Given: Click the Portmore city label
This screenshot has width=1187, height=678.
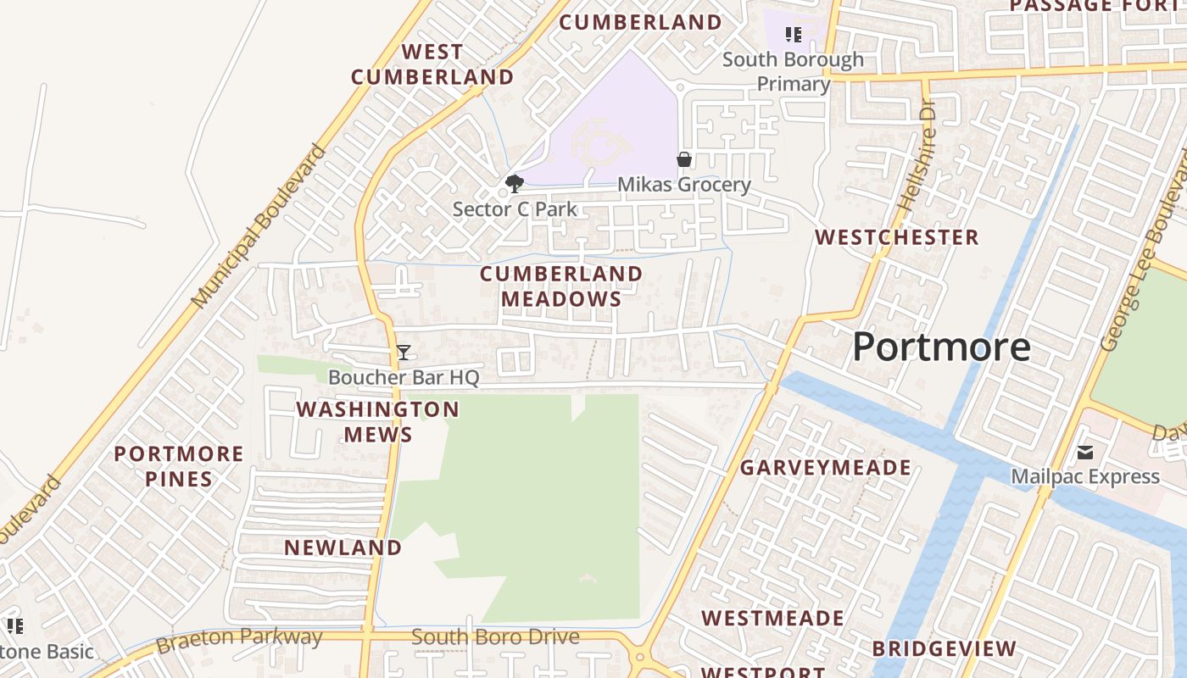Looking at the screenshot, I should click(x=941, y=347).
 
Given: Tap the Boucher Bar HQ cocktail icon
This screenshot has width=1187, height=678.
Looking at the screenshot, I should click(x=404, y=353).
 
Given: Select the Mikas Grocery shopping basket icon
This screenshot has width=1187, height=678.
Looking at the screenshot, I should click(x=684, y=159).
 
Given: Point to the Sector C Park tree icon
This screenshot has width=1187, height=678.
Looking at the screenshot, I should click(x=514, y=183).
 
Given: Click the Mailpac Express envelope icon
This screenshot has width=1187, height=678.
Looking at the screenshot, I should click(x=1085, y=453).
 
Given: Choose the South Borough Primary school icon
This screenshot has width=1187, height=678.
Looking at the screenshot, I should click(x=794, y=35).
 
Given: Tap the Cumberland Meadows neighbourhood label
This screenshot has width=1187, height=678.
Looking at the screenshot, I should click(x=561, y=286).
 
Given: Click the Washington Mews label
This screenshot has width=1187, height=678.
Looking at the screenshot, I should click(x=377, y=422).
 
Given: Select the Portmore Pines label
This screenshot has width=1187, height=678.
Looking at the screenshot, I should click(x=179, y=466).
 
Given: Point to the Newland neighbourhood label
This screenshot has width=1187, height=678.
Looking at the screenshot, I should click(x=343, y=547).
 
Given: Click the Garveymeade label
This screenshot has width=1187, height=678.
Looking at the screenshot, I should click(x=826, y=468).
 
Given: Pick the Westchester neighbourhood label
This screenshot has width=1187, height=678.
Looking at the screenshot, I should click(x=897, y=237).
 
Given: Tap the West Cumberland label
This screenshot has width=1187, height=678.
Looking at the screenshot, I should click(x=432, y=64).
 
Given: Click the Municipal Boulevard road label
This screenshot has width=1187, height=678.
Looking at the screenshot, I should click(x=259, y=226).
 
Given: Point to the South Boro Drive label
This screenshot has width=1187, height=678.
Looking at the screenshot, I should click(x=495, y=637).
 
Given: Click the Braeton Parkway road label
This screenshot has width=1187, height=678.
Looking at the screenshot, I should click(x=240, y=639).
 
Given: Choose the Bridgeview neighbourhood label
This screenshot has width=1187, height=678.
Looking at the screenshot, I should click(x=944, y=649).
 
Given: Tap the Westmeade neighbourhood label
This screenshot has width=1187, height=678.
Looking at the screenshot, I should click(x=772, y=618).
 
